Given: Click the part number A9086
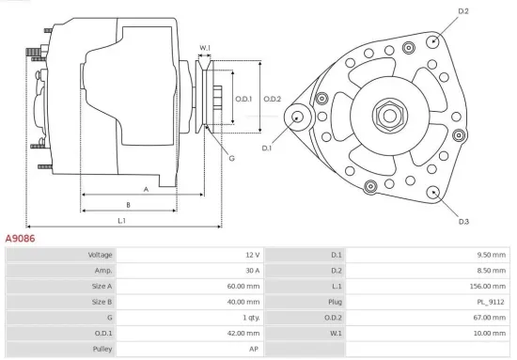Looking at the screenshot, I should [x=21, y=239].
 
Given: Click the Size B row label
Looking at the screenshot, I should [x=102, y=302].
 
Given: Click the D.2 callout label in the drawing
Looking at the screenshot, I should [x=462, y=10].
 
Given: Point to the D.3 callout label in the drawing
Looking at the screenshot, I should [x=463, y=222].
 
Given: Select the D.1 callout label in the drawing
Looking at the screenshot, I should [x=266, y=148].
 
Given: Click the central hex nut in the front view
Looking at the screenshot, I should [x=387, y=116].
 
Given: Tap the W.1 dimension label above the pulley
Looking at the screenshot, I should [x=205, y=48].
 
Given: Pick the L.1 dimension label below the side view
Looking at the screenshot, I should [x=122, y=220].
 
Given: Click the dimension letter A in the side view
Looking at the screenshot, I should [x=146, y=188].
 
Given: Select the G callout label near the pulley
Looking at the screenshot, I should [x=231, y=158].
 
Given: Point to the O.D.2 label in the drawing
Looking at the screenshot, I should [x=273, y=99].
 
